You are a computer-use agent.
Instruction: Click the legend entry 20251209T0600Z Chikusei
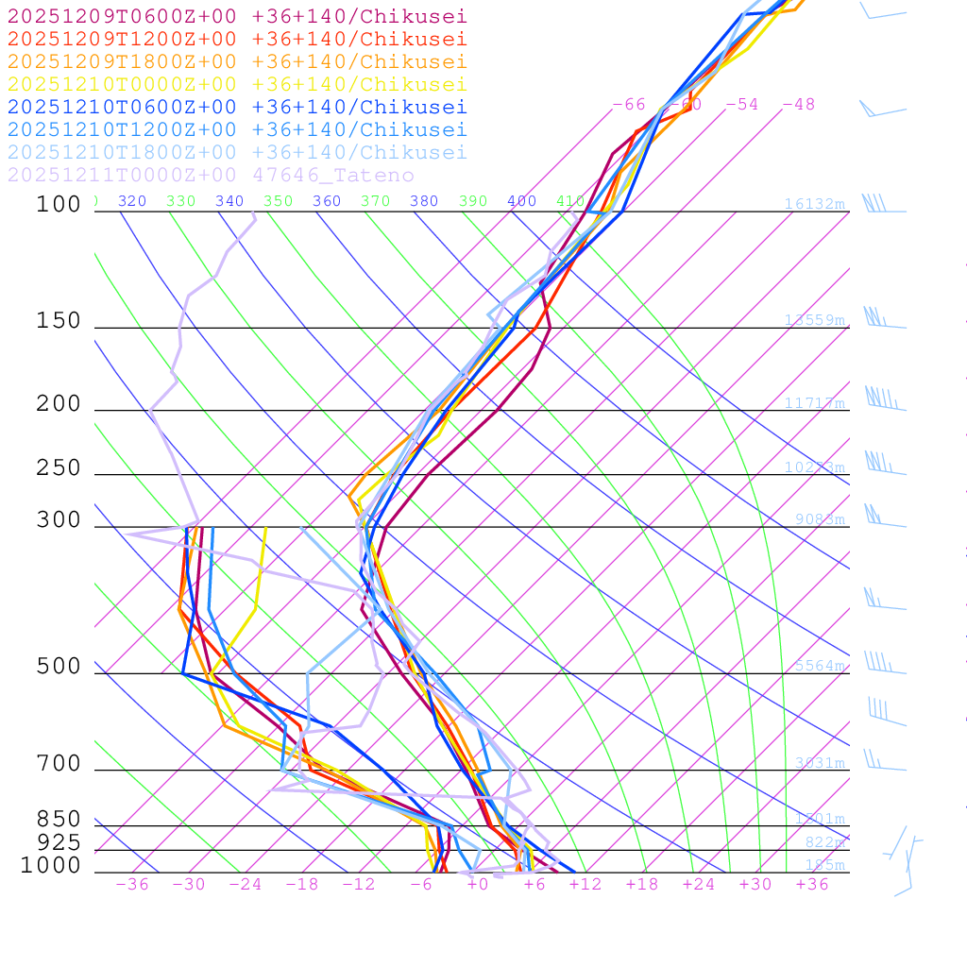236,16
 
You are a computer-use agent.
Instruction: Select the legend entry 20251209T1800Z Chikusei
236,61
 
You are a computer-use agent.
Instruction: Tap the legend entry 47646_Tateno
210,175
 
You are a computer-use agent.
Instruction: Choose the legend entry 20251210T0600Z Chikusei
236,107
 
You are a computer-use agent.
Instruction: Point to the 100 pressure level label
59,204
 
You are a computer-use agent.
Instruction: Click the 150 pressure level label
59,321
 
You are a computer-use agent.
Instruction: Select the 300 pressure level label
59,520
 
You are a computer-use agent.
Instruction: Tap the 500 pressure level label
59,667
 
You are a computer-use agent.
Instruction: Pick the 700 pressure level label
59,764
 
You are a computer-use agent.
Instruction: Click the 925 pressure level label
59,841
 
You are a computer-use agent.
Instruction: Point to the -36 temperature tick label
131,884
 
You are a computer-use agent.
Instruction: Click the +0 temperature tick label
477,884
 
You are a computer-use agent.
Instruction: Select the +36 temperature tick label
811,884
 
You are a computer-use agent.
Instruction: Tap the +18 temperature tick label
641,884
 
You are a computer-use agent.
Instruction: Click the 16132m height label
814,204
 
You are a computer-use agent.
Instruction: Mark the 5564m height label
819,666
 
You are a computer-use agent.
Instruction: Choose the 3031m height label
819,763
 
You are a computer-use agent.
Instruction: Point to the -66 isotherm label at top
628,104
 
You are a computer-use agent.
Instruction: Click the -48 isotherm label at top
798,104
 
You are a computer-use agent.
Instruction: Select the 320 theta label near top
132,201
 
